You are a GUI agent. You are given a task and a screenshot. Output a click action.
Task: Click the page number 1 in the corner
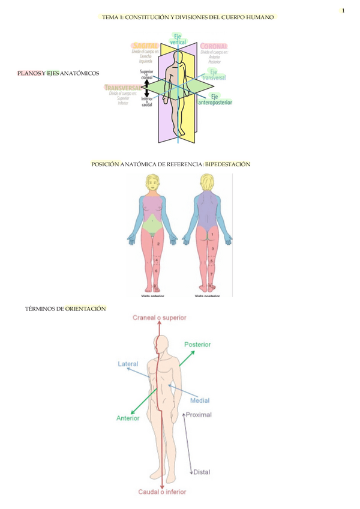coord(343,10)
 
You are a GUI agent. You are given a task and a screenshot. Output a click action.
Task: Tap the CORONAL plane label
coord(214,46)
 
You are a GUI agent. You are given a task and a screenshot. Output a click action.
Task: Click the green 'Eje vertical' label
coord(178,39)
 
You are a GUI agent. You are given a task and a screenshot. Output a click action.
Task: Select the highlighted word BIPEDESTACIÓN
coord(227,164)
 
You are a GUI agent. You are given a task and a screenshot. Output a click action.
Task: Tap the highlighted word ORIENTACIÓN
coord(86,309)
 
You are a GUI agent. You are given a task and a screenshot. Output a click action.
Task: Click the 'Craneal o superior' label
coord(160,317)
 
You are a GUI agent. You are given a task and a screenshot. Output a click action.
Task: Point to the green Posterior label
coord(197,345)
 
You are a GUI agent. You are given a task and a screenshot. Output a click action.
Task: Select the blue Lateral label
coord(128,364)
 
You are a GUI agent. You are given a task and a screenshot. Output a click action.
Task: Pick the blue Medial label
coord(200,400)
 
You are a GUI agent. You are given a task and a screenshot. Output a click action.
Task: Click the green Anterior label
coord(128,418)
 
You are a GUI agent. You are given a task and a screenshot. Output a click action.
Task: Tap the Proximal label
coord(199,414)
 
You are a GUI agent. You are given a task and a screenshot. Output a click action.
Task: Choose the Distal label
coord(202,472)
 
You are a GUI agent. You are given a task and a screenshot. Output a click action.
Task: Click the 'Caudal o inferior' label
coord(162,492)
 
